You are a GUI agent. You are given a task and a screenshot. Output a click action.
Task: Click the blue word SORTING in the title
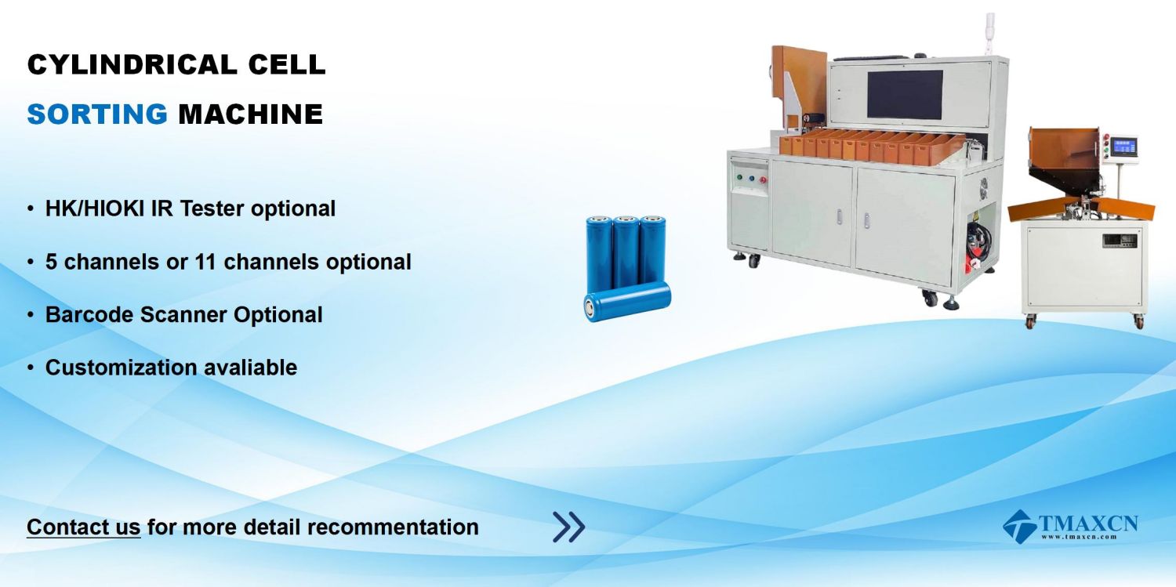coord(97,114)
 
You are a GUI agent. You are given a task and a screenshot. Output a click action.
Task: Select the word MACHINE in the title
coord(250,114)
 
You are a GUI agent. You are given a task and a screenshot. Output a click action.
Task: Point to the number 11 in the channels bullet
coord(205,262)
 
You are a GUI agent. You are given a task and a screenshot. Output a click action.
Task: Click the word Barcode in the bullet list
coord(89,315)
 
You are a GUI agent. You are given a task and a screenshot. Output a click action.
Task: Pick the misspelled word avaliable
coord(250,368)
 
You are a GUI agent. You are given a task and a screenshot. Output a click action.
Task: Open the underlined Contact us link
coord(83,527)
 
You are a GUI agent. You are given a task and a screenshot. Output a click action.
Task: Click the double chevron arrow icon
coord(568,527)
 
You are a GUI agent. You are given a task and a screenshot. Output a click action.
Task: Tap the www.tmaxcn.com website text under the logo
coord(1079,537)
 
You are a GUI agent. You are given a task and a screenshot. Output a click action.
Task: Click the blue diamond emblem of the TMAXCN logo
coord(1020,527)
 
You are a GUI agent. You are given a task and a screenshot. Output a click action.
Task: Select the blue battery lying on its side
coord(627,301)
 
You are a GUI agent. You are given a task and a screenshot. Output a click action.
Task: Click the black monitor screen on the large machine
coord(905,94)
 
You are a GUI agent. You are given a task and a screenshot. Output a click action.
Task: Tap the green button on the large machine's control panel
coord(740,177)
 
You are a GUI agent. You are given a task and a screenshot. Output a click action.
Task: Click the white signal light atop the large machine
coord(989,32)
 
